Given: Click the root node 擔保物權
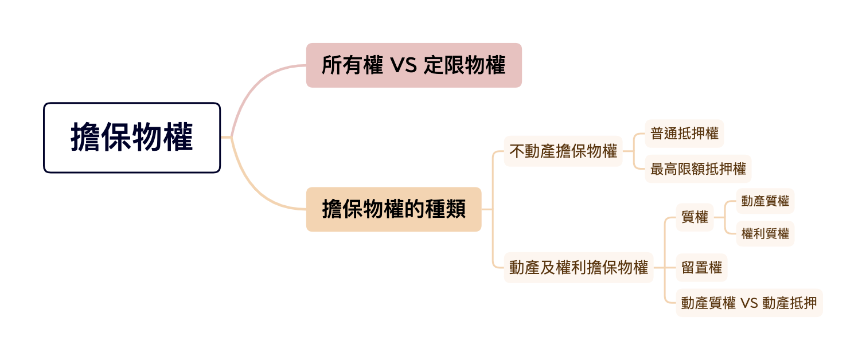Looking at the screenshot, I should (x=132, y=138).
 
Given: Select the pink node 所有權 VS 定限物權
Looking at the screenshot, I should (x=414, y=65).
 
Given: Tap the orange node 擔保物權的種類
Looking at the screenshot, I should (x=393, y=209).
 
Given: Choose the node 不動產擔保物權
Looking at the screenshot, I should (x=563, y=151).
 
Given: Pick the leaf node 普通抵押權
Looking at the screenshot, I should (x=684, y=134).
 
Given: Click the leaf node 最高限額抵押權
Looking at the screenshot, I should (x=697, y=169).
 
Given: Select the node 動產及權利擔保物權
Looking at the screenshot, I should (x=578, y=267).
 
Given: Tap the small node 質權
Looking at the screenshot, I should (x=695, y=217).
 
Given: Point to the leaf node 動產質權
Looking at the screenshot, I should (x=765, y=201).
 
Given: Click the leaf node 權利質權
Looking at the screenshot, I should (x=765, y=234).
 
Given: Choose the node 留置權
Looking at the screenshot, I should (x=701, y=267).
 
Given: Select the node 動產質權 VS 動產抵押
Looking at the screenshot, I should (x=749, y=303).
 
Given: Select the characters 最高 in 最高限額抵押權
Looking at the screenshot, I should (x=664, y=169).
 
